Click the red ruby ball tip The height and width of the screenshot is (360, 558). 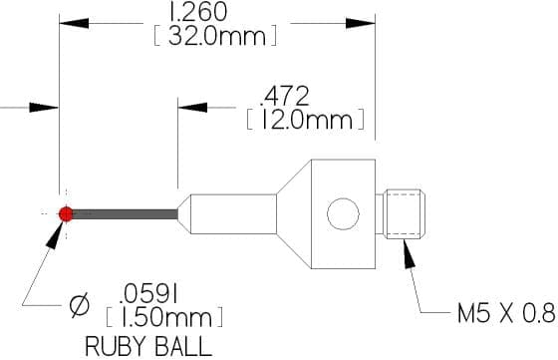66,213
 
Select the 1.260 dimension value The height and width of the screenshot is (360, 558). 198,11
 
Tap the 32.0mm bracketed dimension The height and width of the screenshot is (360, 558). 215,36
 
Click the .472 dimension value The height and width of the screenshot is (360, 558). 284,96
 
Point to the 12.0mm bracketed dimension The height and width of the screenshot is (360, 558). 305,120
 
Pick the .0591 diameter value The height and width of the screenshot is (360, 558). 148,295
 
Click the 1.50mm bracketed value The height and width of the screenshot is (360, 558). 164,317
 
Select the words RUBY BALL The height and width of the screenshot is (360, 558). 148,346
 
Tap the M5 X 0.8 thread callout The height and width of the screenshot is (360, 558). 506,313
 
